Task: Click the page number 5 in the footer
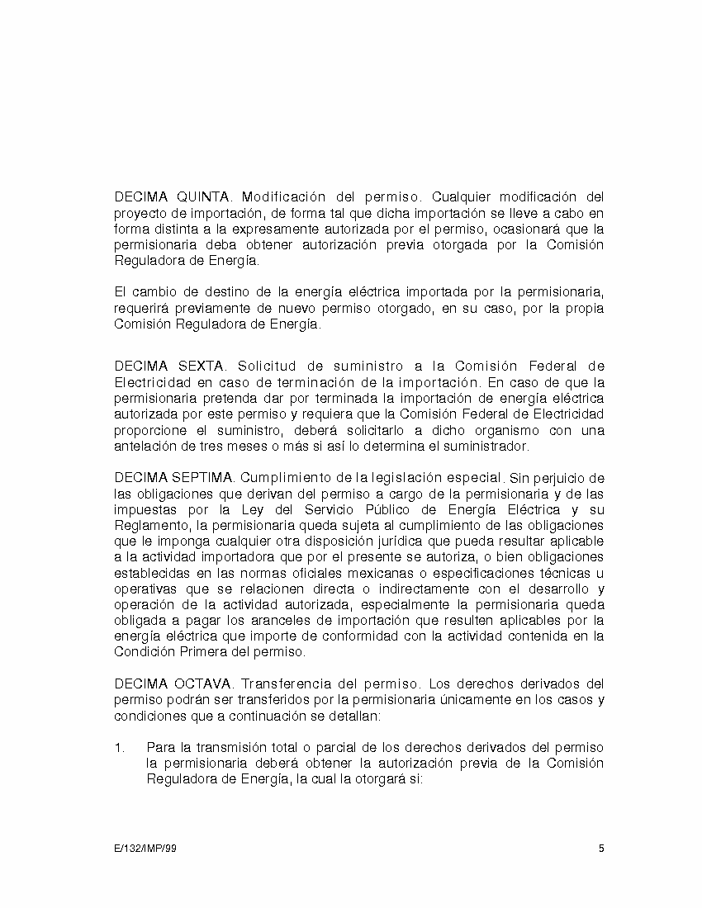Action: (601, 849)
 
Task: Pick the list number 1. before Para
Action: (120, 747)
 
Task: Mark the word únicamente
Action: (453, 700)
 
